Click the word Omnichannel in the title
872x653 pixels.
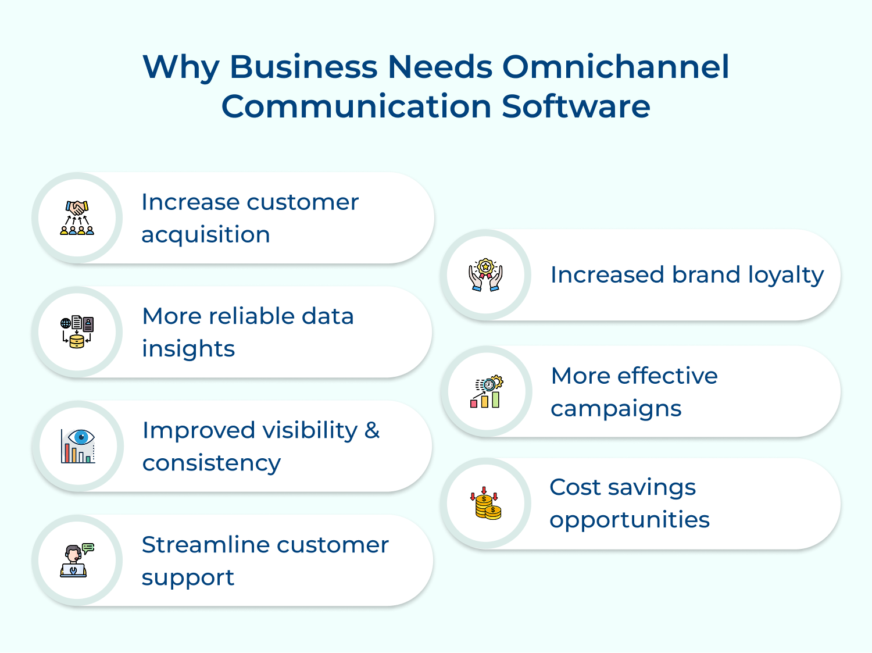(x=616, y=66)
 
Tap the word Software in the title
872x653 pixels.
(x=576, y=106)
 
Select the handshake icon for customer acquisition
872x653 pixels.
(x=77, y=217)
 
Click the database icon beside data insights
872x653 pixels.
(x=77, y=331)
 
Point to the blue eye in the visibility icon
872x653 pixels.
(x=81, y=437)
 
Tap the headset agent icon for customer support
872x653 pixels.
(x=77, y=560)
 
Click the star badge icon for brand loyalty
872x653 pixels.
(x=485, y=275)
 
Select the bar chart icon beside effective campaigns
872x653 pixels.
(x=486, y=391)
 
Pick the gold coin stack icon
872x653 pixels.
(x=485, y=503)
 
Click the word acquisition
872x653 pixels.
(x=206, y=235)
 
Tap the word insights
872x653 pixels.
(x=188, y=349)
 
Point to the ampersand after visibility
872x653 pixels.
(x=372, y=430)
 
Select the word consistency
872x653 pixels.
(x=212, y=463)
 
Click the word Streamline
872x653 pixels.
(x=205, y=545)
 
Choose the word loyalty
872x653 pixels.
(x=786, y=276)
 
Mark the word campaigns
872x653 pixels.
(x=616, y=409)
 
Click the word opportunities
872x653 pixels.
(x=629, y=520)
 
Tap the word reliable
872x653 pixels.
(x=252, y=316)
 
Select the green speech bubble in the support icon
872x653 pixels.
(x=88, y=548)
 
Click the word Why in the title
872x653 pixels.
(x=181, y=67)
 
